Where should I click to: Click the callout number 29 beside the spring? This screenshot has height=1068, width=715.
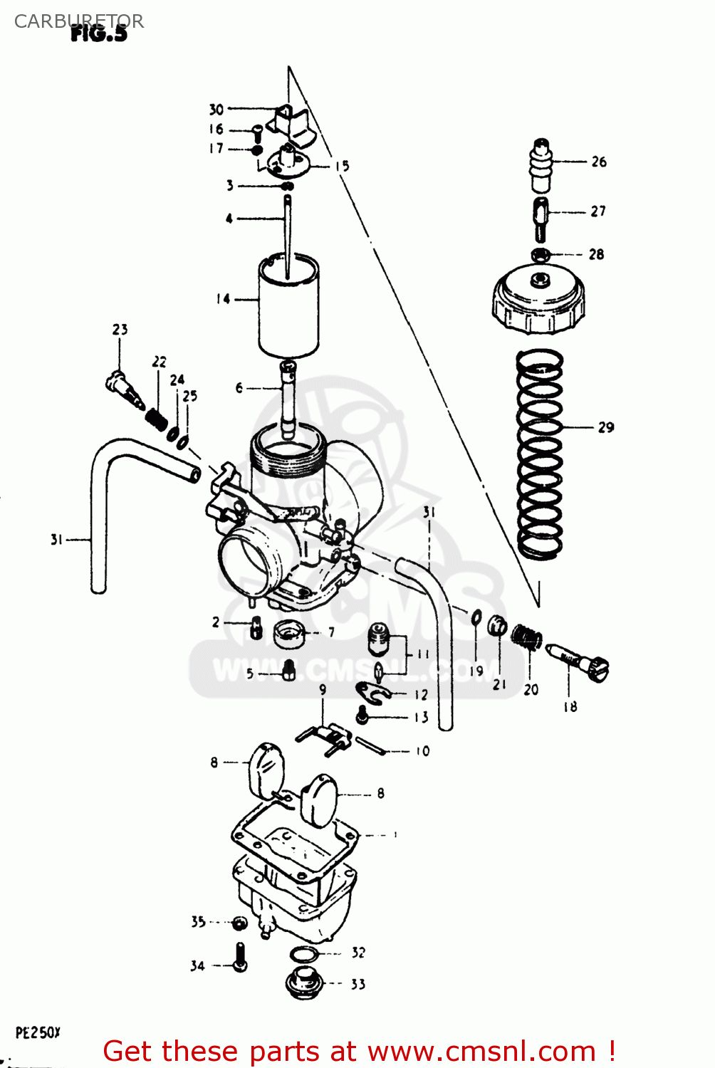605,427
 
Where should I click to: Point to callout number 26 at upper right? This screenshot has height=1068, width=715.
599,162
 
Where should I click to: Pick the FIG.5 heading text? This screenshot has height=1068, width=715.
99,34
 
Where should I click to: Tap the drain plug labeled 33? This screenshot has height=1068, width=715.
304,983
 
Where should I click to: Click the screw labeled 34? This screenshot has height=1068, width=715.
241,958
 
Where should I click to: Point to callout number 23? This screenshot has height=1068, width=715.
120,330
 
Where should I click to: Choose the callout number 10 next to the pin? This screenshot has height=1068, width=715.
422,751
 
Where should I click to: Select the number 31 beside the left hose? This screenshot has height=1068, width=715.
57,540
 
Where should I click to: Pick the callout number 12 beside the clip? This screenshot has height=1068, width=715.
421,695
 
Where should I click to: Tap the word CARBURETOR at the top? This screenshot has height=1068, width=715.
79,21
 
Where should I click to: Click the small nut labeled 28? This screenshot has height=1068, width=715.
540,254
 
